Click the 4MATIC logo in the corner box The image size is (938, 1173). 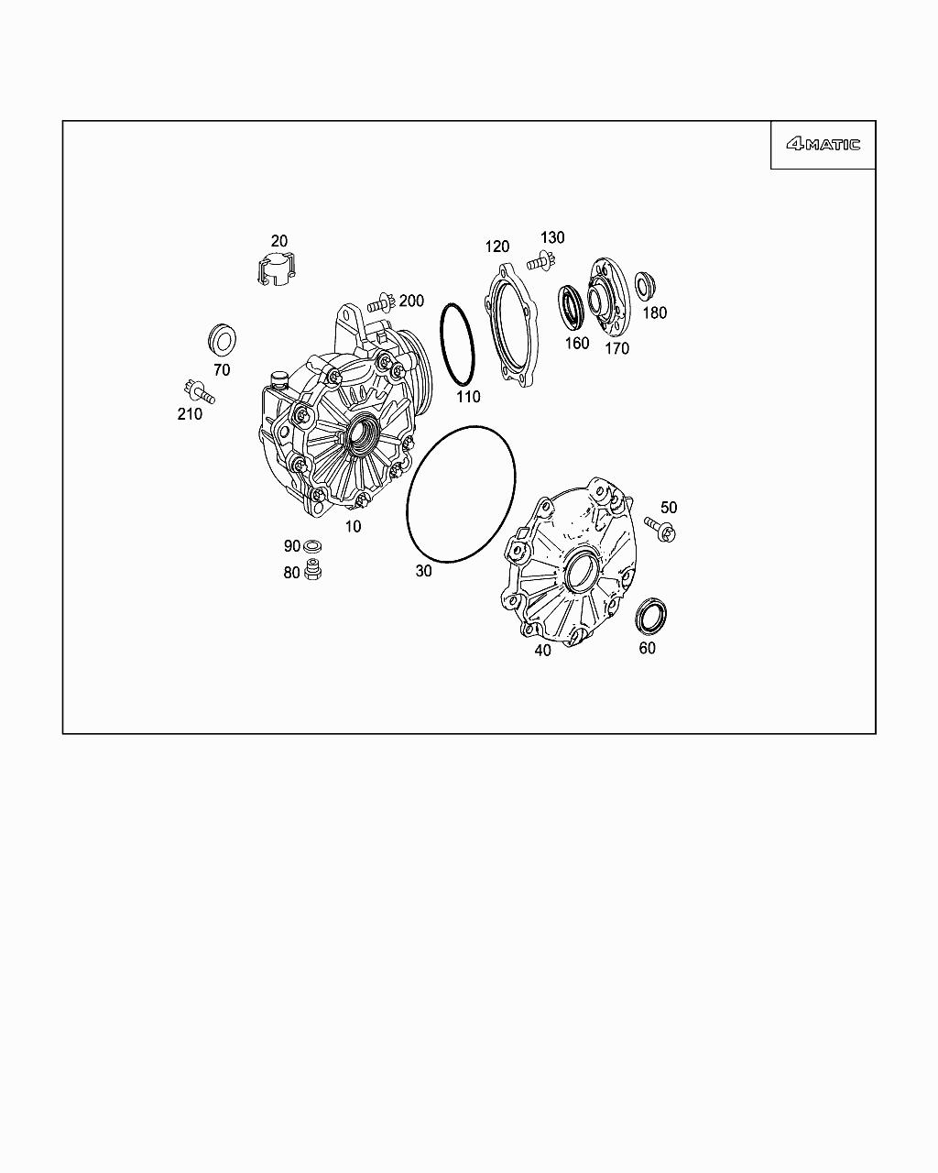(x=823, y=145)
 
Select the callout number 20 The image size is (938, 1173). (x=279, y=241)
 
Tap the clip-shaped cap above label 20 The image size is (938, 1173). (x=277, y=269)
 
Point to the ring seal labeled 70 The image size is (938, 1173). (x=223, y=340)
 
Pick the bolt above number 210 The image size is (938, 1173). (x=199, y=390)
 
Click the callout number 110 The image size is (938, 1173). (x=468, y=397)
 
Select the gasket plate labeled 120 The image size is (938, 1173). (x=512, y=325)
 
